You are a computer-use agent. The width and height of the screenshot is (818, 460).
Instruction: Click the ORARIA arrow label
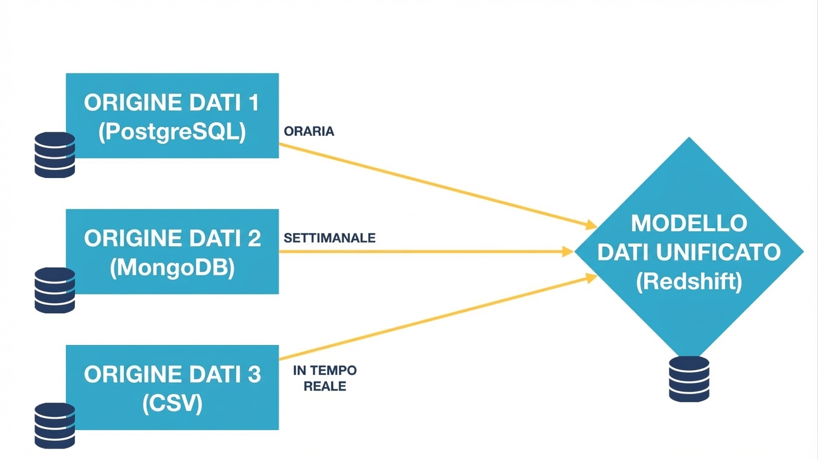tap(309, 131)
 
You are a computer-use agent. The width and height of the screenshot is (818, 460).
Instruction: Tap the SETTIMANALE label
tap(330, 238)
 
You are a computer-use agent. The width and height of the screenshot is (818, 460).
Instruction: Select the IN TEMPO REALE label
tap(325, 379)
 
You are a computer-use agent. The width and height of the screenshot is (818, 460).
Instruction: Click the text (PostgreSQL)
tap(172, 132)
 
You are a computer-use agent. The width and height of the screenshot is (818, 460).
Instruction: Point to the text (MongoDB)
tap(172, 268)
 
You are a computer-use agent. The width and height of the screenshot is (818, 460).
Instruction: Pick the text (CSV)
tap(172, 404)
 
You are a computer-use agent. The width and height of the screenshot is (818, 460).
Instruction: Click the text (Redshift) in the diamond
tap(689, 281)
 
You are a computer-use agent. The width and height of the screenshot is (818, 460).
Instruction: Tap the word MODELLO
tap(689, 223)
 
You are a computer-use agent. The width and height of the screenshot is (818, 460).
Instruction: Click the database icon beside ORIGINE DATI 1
tap(55, 155)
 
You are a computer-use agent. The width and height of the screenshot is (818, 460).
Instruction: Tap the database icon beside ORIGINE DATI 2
tap(55, 290)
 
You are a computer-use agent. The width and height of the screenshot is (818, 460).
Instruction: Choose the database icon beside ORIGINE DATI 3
tap(55, 425)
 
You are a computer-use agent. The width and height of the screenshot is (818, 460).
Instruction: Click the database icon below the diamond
tap(689, 379)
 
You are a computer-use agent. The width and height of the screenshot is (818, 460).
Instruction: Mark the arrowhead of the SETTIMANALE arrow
tap(568, 252)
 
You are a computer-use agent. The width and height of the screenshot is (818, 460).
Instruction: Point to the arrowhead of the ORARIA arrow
tap(591, 226)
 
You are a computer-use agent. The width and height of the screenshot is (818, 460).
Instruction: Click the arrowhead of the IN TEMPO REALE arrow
tap(591, 277)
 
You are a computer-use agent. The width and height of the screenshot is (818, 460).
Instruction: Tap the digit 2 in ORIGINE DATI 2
tap(253, 238)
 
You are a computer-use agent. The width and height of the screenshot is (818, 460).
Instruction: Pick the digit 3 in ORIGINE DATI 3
tap(253, 374)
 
